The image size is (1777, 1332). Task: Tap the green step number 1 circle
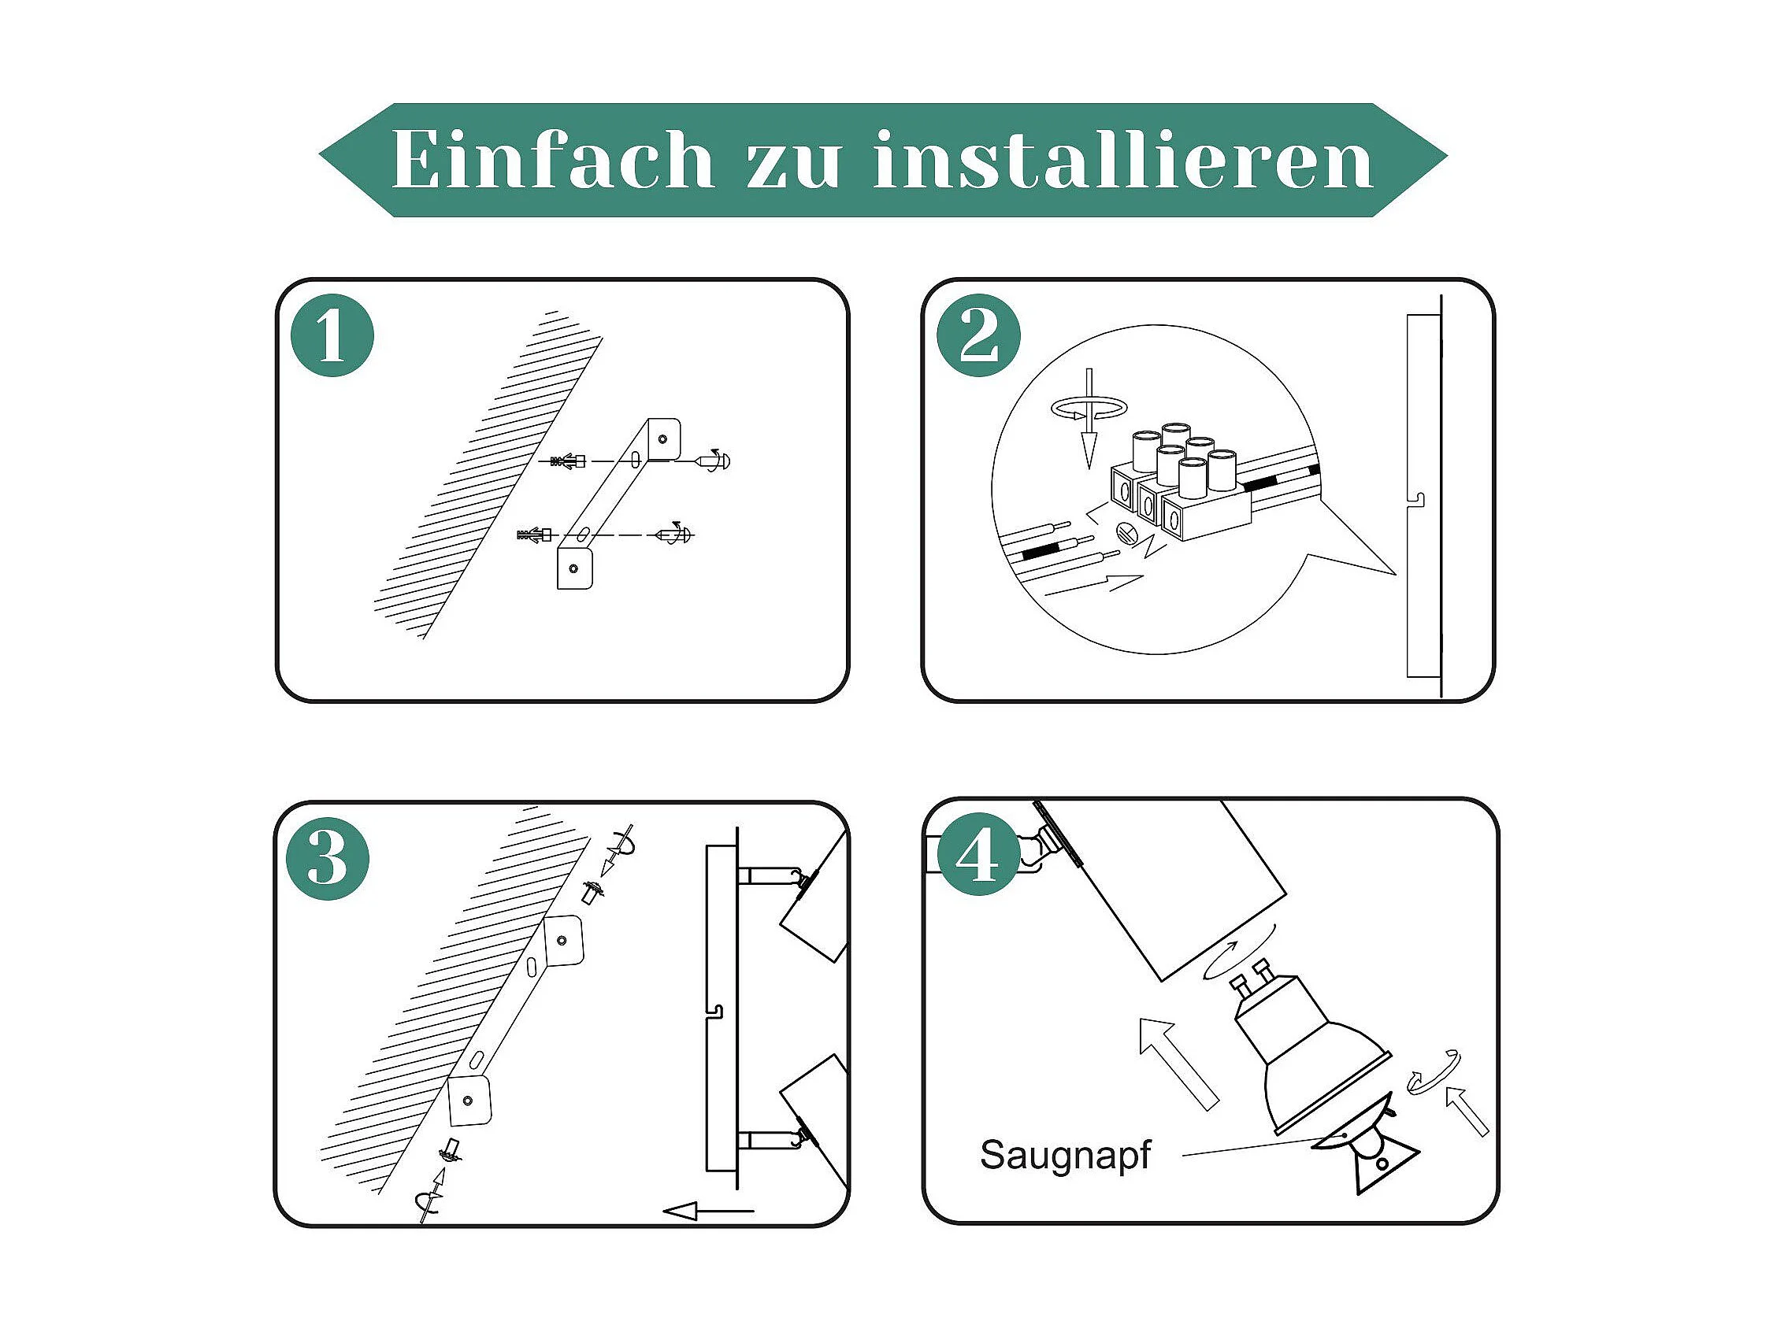(x=332, y=335)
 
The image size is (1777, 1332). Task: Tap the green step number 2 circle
(x=979, y=335)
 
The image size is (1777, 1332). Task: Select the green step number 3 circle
(x=328, y=858)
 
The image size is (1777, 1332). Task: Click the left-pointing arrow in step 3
(x=709, y=1211)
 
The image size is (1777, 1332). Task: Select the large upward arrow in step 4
(x=1178, y=1063)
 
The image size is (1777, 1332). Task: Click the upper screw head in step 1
(x=715, y=461)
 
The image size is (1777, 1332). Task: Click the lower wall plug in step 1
(x=535, y=535)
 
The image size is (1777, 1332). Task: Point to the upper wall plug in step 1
(x=568, y=461)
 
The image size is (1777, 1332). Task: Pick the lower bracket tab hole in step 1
(x=573, y=569)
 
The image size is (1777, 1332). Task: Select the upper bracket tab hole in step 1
(x=662, y=438)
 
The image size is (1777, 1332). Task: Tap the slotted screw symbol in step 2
(x=1125, y=531)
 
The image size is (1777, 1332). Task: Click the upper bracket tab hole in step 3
(x=562, y=940)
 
